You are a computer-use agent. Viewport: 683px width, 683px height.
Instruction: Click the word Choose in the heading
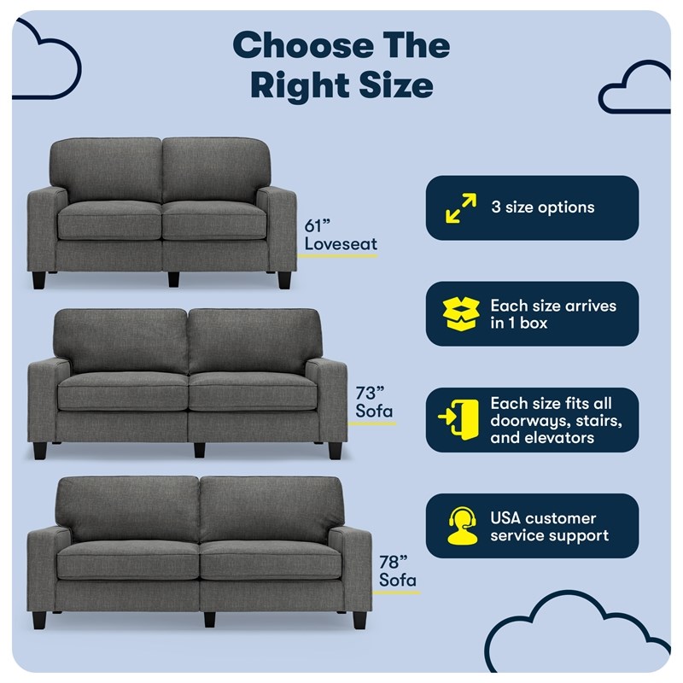304,46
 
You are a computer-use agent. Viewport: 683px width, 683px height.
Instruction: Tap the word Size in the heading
396,85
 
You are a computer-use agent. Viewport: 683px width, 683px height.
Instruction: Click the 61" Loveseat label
341,235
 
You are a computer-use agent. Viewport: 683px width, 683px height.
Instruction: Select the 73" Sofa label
374,402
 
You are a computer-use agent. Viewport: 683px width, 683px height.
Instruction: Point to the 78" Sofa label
398,571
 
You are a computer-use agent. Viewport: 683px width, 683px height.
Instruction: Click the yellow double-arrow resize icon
461,208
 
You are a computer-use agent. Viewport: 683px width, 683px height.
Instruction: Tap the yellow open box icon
461,314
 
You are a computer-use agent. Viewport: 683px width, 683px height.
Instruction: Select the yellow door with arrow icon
458,419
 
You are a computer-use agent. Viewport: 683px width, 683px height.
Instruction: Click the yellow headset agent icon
462,526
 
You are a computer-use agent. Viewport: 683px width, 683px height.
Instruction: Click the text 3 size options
543,207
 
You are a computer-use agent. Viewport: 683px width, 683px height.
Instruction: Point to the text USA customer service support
549,527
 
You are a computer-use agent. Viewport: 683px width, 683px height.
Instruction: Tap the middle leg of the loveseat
173,279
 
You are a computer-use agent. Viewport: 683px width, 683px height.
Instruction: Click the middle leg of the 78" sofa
209,619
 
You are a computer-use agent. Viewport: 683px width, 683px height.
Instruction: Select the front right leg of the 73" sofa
335,451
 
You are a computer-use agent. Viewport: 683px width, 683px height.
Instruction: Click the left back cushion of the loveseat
106,169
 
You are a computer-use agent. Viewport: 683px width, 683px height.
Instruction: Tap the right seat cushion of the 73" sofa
253,391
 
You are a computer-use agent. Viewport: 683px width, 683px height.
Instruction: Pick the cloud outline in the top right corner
634,87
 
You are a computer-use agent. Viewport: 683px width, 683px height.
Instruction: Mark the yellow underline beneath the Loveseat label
337,256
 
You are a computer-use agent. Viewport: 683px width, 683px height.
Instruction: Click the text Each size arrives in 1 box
553,314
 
